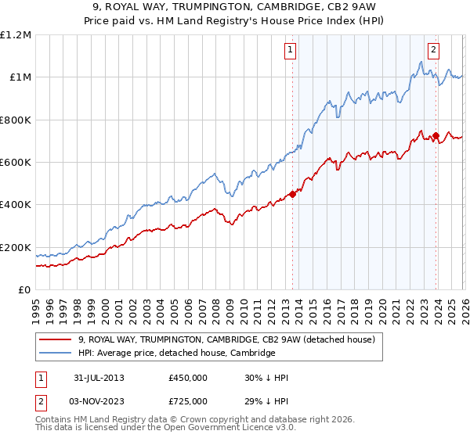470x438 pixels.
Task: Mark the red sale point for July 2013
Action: (292, 195)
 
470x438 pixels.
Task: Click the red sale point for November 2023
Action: (436, 136)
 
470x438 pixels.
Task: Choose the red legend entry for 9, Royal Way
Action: (227, 339)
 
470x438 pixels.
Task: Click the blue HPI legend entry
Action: (176, 354)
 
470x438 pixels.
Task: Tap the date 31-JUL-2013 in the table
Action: (98, 378)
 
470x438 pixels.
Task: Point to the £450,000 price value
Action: (187, 378)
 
